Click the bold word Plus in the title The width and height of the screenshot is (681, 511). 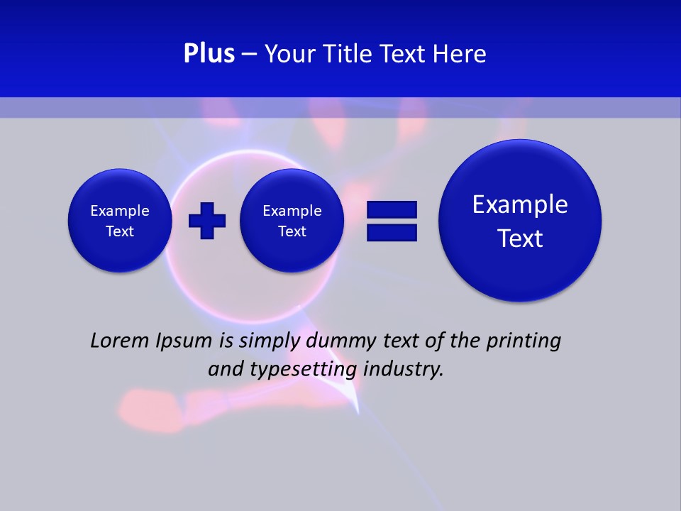(x=209, y=54)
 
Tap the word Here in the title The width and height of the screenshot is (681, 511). (x=460, y=54)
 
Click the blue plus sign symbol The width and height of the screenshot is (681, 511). (x=207, y=221)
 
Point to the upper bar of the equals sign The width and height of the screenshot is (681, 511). (x=392, y=209)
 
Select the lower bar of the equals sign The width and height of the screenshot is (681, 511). (x=392, y=232)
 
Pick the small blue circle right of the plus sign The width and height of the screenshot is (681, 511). (x=292, y=221)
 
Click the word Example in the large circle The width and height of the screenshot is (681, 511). (x=520, y=204)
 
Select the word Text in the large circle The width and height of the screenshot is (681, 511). (x=520, y=238)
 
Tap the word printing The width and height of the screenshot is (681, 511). (x=523, y=341)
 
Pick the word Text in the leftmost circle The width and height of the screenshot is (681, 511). (x=120, y=231)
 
